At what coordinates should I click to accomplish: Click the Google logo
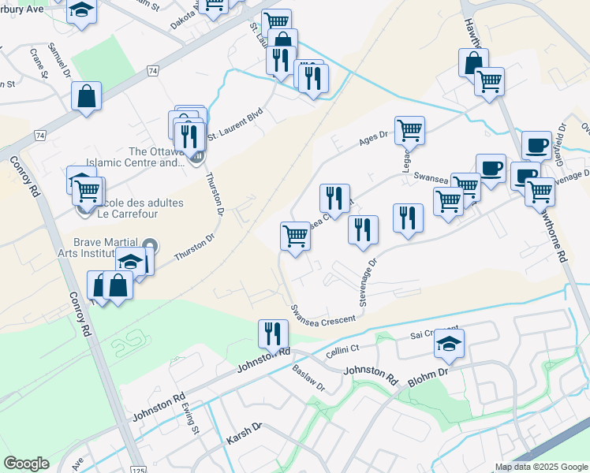click(26, 464)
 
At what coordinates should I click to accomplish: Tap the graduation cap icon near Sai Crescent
click(449, 344)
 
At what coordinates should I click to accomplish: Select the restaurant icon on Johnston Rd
click(268, 333)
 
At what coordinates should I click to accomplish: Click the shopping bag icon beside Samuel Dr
click(87, 97)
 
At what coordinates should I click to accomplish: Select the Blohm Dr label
click(428, 378)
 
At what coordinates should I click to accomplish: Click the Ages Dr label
click(374, 139)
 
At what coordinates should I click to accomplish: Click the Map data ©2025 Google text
click(540, 467)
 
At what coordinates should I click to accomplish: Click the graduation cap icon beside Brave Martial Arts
click(132, 262)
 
